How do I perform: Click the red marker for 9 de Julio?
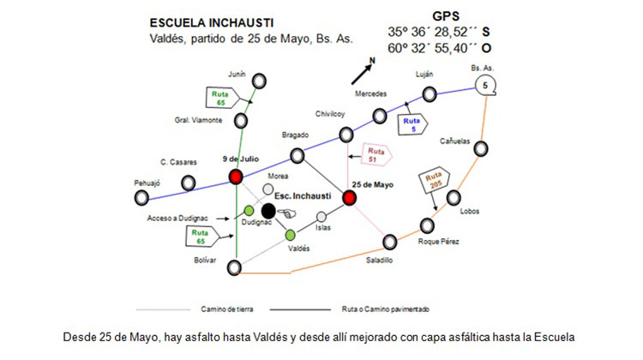pyautogui.click(x=236, y=177)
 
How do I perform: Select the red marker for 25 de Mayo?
pyautogui.click(x=350, y=198)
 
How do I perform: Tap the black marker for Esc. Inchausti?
pyautogui.click(x=268, y=211)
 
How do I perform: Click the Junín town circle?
pyautogui.click(x=259, y=81)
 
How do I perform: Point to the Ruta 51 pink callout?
pyautogui.click(x=376, y=155)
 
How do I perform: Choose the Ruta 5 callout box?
pyautogui.click(x=412, y=124)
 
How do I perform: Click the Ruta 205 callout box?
pyautogui.click(x=435, y=180)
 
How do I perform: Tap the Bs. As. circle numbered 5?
pyautogui.click(x=485, y=86)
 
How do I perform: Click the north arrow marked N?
pyautogui.click(x=363, y=71)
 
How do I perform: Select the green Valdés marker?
pyautogui.click(x=291, y=235)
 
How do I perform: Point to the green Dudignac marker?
pyautogui.click(x=249, y=211)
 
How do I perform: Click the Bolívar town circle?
pyautogui.click(x=234, y=267)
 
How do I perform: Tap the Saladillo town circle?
pyautogui.click(x=390, y=242)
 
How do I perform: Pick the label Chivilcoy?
pyautogui.click(x=330, y=114)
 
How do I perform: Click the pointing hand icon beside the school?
pyautogui.click(x=286, y=213)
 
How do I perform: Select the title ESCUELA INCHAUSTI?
pyautogui.click(x=212, y=23)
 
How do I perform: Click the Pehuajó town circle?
pyautogui.click(x=141, y=198)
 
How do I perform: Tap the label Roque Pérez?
pyautogui.click(x=438, y=242)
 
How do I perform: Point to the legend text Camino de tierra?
pyautogui.click(x=227, y=309)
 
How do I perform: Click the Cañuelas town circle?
pyautogui.click(x=481, y=148)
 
